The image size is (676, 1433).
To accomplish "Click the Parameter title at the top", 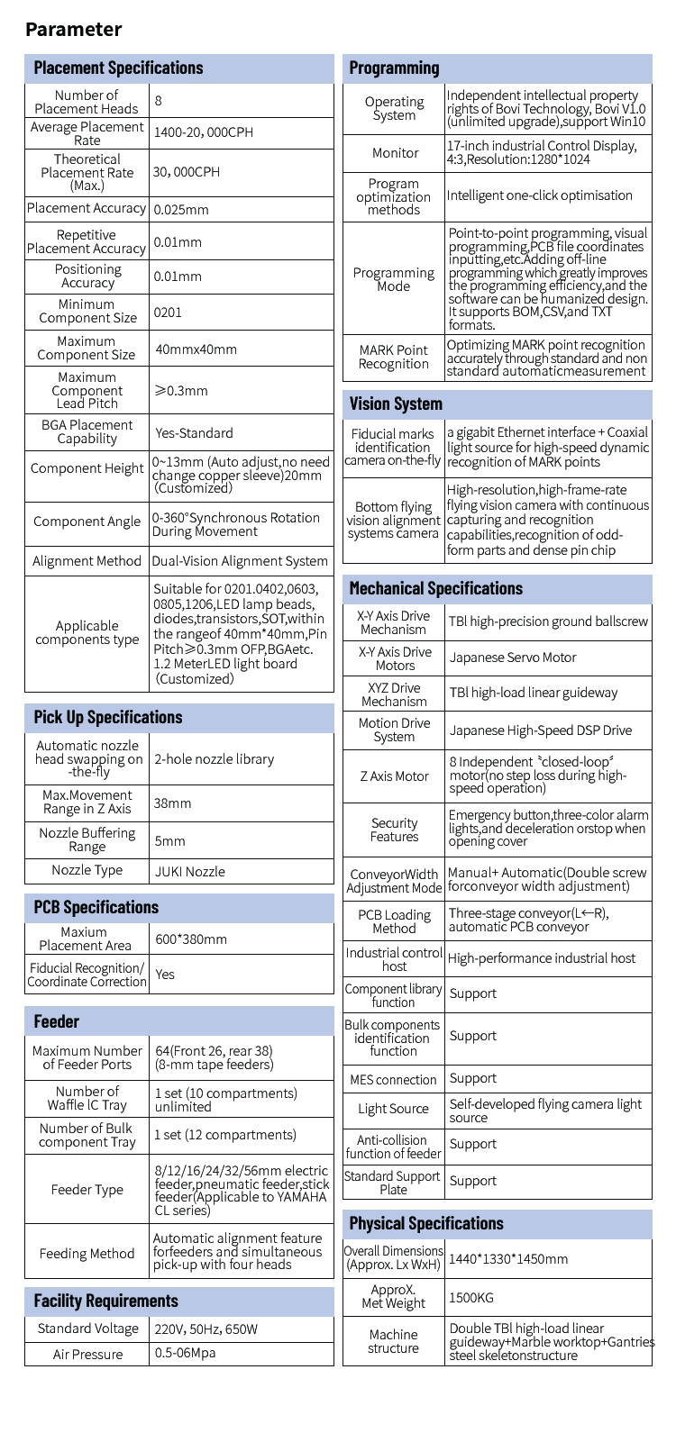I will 73,30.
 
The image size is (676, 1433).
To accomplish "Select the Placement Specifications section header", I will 118,68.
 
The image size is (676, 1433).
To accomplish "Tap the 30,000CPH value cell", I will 187,172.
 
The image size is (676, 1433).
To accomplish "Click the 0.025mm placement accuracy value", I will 181,210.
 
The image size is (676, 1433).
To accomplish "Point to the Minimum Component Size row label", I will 87,312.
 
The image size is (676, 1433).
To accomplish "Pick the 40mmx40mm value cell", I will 196,349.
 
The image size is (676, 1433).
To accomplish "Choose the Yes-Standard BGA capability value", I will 194,433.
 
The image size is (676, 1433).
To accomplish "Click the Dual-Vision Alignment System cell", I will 241,561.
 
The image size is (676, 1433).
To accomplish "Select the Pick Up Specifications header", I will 107,718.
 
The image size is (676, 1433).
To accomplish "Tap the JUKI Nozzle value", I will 189,872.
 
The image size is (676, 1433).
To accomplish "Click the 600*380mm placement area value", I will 190,939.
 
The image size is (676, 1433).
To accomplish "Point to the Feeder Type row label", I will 87,1190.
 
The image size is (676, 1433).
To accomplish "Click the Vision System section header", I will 396,404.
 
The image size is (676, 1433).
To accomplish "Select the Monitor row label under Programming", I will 395,153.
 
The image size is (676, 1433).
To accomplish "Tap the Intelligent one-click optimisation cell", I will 540,195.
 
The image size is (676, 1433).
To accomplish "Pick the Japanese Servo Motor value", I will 512,658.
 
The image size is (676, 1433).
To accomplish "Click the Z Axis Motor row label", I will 395,776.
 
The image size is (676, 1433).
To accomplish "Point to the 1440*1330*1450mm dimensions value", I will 508,1259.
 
